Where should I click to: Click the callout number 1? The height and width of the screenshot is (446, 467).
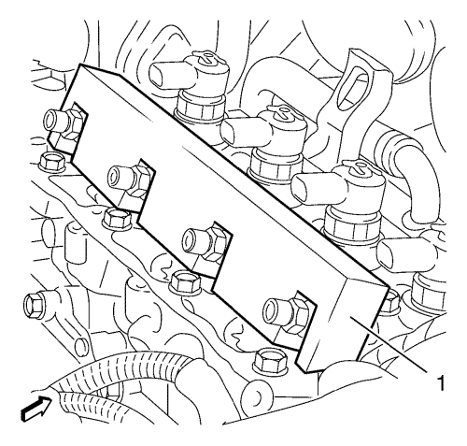click(x=440, y=382)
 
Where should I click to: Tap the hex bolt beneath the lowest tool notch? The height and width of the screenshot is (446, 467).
click(x=269, y=362)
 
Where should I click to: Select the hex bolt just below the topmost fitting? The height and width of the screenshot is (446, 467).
click(x=51, y=161)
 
